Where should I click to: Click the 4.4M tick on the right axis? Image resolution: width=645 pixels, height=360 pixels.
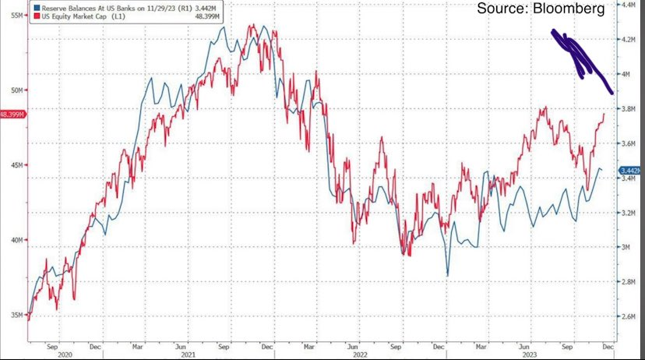pyautogui.click(x=629, y=5)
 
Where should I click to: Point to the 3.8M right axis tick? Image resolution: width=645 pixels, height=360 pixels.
pyautogui.click(x=629, y=110)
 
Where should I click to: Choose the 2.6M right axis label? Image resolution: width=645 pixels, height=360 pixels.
pyautogui.click(x=629, y=317)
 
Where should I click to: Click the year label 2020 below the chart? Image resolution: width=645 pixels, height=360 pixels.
pyautogui.click(x=65, y=355)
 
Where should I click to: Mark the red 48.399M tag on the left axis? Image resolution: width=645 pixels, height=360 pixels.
pyautogui.click(x=13, y=114)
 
